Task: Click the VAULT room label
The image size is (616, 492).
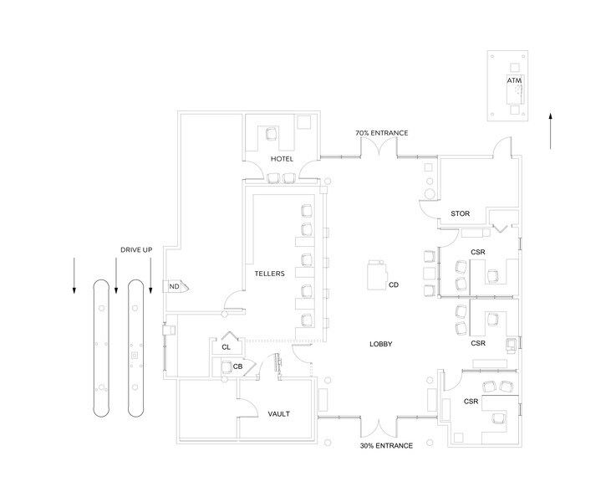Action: [278, 413]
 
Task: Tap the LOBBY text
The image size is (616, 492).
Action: [380, 344]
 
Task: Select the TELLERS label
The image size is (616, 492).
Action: [269, 274]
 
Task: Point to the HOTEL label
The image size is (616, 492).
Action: [282, 159]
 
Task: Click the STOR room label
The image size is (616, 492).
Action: [460, 213]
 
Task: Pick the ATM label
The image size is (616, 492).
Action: [514, 80]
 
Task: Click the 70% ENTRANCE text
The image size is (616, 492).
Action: [382, 133]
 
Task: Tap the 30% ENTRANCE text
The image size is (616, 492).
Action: [387, 446]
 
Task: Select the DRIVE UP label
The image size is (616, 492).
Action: [136, 249]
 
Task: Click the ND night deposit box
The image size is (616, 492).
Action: [176, 287]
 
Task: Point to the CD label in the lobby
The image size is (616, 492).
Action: [393, 284]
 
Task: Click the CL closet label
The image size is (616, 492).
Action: [226, 347]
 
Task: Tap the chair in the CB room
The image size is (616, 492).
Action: [227, 367]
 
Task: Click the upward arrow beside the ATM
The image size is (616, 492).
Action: [551, 131]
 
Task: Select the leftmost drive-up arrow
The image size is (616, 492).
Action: [74, 275]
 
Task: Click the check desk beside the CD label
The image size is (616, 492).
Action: [376, 275]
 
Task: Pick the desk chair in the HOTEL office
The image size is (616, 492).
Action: [272, 134]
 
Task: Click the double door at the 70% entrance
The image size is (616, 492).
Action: [379, 147]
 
